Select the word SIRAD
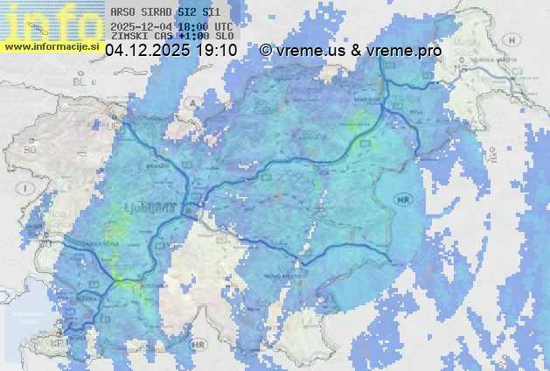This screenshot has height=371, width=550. click(x=157, y=12)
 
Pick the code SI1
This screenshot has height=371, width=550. click(x=211, y=12)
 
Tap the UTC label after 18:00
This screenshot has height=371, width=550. click(x=223, y=26)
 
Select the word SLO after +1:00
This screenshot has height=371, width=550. click(x=223, y=38)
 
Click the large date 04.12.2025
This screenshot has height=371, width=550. click(x=147, y=52)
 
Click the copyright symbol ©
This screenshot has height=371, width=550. click(x=265, y=52)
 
